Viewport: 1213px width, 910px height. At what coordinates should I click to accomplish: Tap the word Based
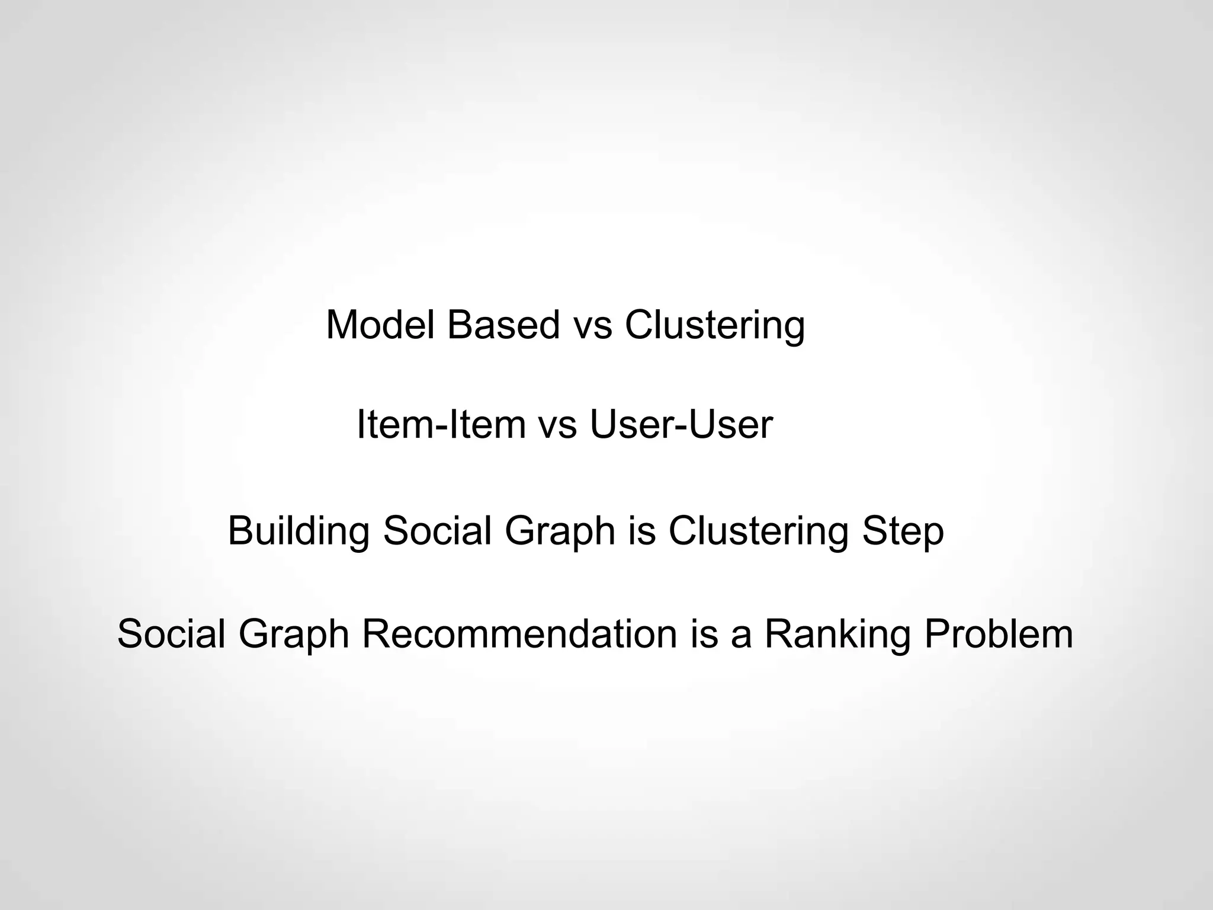tap(503, 325)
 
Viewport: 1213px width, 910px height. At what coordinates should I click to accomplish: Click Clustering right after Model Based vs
tap(715, 325)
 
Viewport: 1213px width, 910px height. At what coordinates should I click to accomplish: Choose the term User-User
tap(681, 425)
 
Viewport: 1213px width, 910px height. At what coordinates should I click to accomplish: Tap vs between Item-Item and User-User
tap(557, 425)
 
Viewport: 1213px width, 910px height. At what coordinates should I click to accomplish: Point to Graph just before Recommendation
tap(294, 633)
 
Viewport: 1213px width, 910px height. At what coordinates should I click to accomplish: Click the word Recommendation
tap(519, 633)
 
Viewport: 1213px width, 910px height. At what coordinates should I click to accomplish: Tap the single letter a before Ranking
tap(740, 633)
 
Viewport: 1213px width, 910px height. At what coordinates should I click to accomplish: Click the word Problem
tap(998, 633)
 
